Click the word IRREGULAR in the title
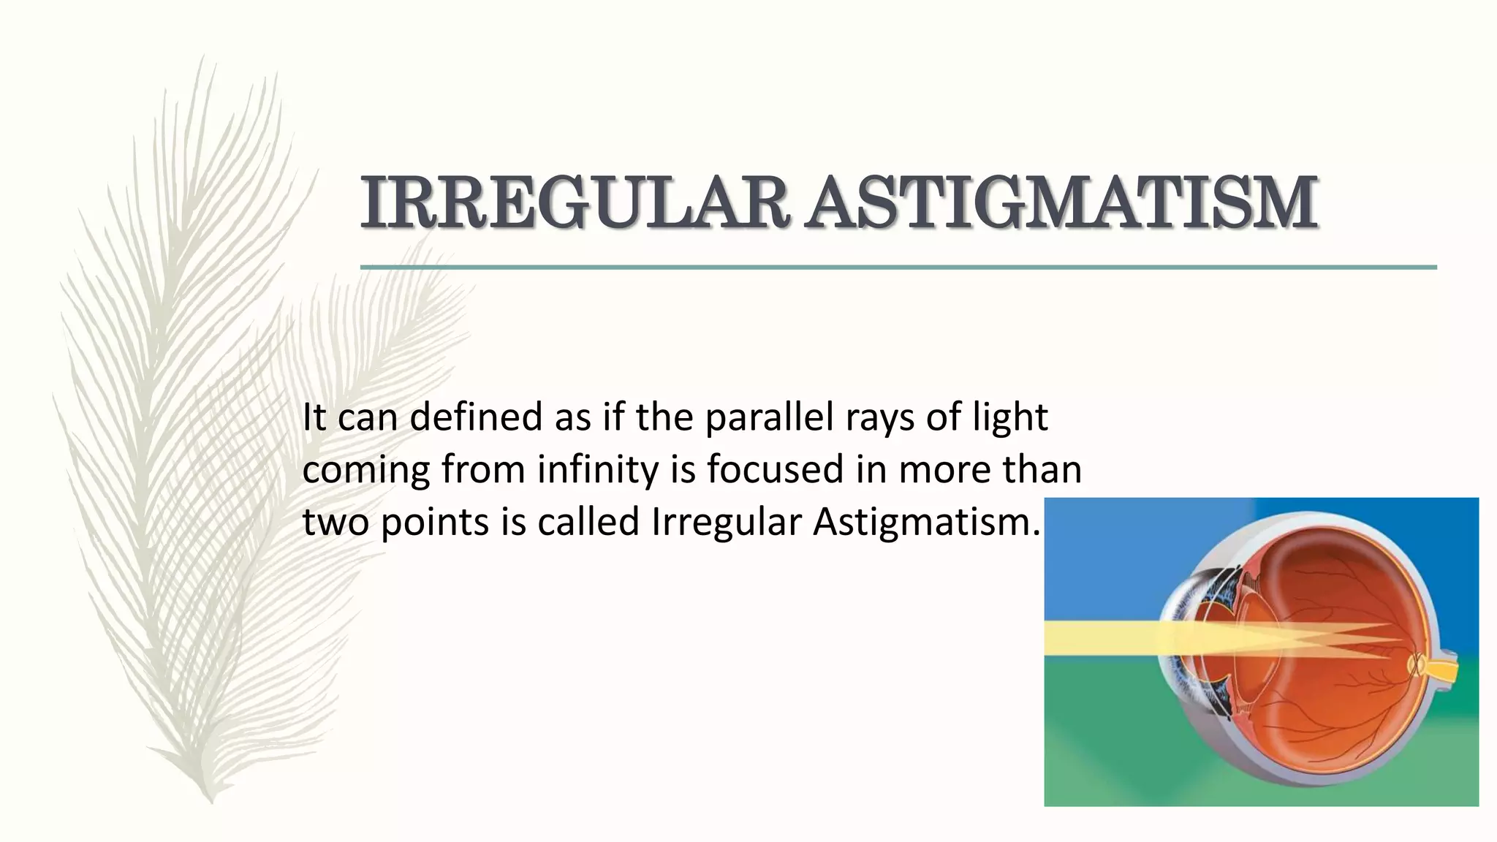tap(574, 202)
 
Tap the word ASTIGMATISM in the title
tap(1064, 202)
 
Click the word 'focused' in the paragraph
tap(775, 470)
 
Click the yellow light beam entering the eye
tap(1096, 638)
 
